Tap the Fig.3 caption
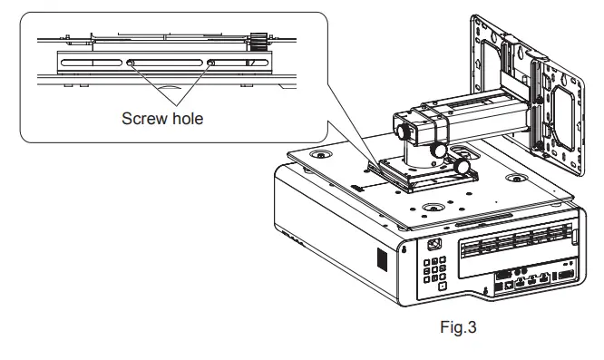click(458, 327)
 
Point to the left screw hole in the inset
click(131, 63)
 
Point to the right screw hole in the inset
click(210, 63)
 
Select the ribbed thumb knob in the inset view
click(258, 42)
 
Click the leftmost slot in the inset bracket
click(92, 63)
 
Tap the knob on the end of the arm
click(404, 131)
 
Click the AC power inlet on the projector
click(435, 245)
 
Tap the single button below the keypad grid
click(443, 286)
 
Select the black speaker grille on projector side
click(382, 259)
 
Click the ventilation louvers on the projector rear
click(516, 241)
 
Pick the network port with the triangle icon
click(510, 285)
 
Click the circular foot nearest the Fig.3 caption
click(434, 208)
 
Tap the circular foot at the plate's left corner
click(320, 154)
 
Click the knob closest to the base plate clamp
click(461, 166)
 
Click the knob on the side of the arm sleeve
click(438, 150)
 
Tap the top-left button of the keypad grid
click(427, 263)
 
